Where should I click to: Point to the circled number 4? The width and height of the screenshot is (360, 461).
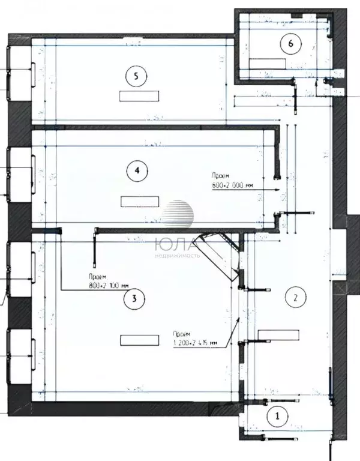coord(137,170)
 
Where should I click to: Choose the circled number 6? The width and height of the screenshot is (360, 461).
coord(291,43)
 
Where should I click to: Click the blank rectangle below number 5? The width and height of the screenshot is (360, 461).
coord(139,96)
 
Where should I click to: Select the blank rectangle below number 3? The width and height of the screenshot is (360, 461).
coord(139,340)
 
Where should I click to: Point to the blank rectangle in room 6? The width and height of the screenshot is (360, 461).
coord(267,63)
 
